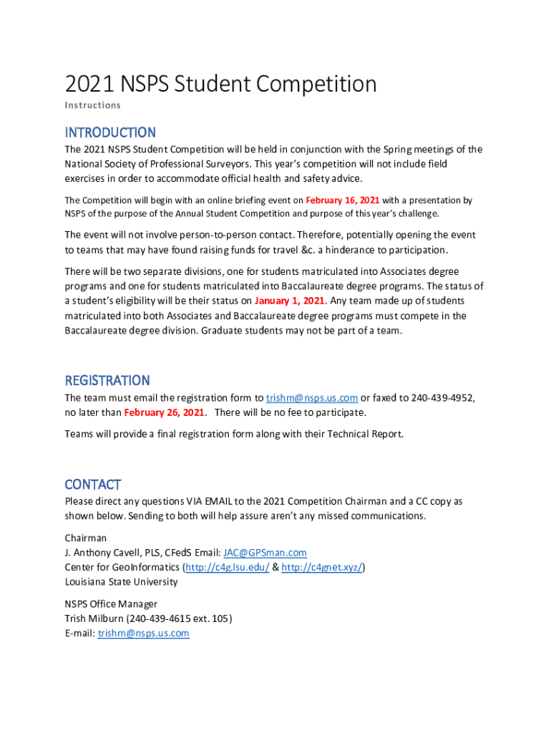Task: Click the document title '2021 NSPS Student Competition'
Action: (x=220, y=84)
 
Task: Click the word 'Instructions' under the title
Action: (x=92, y=105)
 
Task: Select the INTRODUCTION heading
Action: (x=109, y=132)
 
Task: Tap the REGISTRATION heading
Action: (x=107, y=380)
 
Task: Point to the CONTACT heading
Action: (x=93, y=484)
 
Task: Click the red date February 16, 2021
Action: (x=342, y=200)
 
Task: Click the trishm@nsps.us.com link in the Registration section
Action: (x=312, y=398)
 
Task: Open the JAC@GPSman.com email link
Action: (x=265, y=553)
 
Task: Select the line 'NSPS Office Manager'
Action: (x=111, y=603)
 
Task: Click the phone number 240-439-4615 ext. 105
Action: (x=179, y=618)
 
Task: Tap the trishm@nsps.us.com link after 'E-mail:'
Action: (x=143, y=634)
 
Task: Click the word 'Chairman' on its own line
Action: (x=85, y=538)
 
